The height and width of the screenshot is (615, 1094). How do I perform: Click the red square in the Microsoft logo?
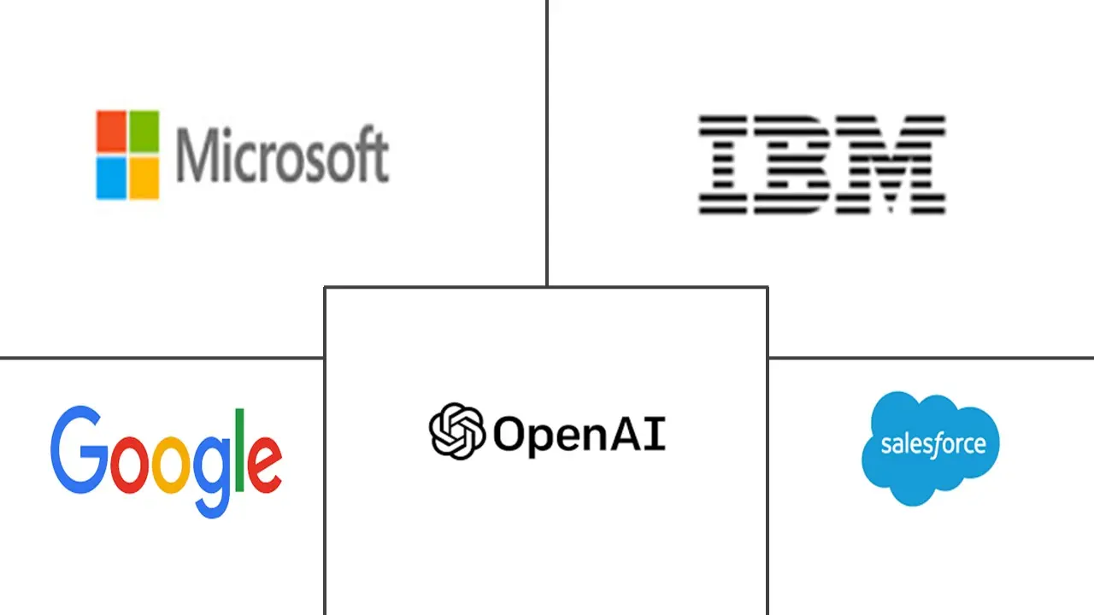click(111, 131)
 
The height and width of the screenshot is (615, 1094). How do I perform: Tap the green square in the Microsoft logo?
click(143, 131)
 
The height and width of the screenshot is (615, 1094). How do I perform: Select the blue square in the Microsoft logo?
click(111, 178)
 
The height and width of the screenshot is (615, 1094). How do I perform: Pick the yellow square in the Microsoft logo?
click(143, 178)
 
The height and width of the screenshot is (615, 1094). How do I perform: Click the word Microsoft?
click(282, 155)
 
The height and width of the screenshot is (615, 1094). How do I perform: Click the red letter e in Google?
click(267, 462)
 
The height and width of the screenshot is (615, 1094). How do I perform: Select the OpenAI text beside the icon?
click(579, 435)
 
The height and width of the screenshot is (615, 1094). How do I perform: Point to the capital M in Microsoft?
click(196, 155)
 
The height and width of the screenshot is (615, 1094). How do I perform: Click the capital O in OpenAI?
click(510, 433)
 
